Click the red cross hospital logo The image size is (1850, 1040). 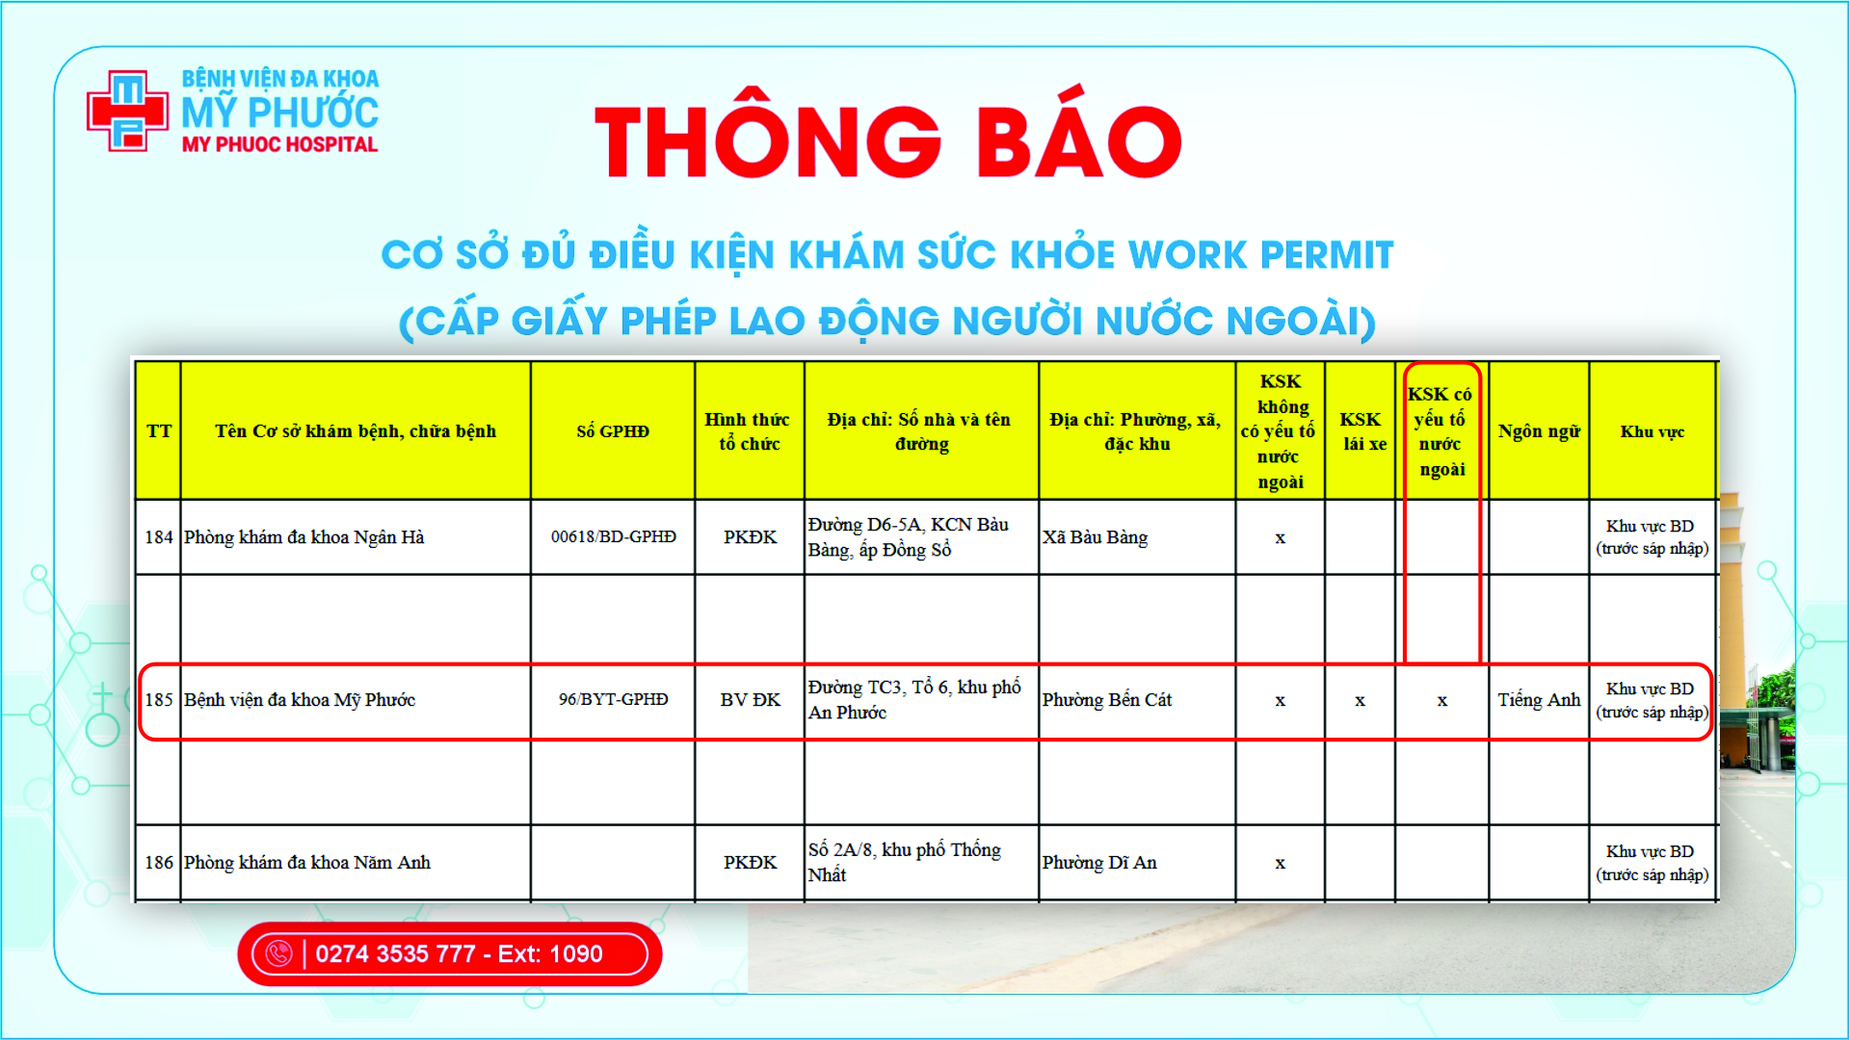(127, 111)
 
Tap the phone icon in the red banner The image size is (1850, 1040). (278, 953)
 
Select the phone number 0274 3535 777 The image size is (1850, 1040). (396, 953)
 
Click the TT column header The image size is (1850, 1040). (159, 430)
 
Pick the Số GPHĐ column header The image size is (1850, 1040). (613, 430)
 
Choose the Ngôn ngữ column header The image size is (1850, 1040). (1539, 431)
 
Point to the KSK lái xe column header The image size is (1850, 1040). (1361, 431)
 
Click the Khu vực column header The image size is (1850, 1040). (1652, 431)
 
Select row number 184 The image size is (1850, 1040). (159, 537)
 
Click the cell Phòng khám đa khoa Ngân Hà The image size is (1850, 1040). (304, 537)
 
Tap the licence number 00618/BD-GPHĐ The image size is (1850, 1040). (614, 536)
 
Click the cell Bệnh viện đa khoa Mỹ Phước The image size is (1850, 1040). (300, 700)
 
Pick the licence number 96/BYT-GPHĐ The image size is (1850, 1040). (614, 699)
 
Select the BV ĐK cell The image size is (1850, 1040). (751, 700)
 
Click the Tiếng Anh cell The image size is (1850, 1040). (1539, 700)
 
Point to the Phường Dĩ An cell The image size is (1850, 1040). (1099, 863)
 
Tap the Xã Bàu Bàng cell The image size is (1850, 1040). (1095, 537)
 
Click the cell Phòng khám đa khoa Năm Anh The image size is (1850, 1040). (307, 863)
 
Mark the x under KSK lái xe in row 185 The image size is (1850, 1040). (1360, 701)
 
